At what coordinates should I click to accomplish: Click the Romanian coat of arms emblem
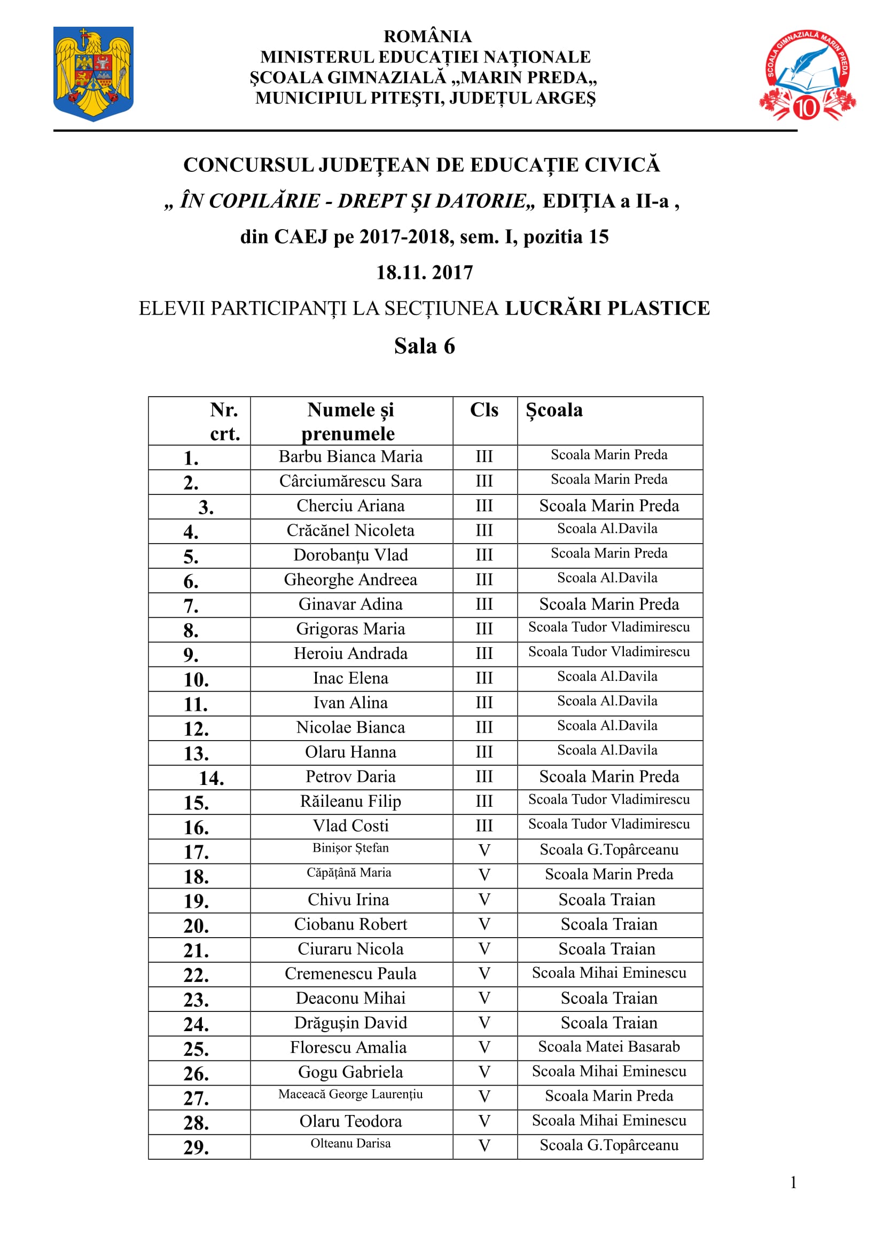click(93, 74)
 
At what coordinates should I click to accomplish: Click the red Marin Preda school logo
click(807, 75)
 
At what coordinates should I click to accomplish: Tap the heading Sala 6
click(424, 346)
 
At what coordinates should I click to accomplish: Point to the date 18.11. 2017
click(424, 272)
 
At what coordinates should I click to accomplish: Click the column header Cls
click(483, 410)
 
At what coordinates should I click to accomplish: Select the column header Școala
click(554, 410)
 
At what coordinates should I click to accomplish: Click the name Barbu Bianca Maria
click(350, 457)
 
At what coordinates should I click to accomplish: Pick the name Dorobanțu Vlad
click(350, 555)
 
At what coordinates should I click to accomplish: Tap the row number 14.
click(211, 778)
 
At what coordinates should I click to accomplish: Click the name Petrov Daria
click(350, 776)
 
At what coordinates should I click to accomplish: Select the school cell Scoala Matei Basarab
click(609, 1046)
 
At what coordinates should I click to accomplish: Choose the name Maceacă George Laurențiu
click(350, 1094)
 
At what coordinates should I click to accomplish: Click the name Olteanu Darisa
click(350, 1143)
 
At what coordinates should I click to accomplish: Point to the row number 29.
click(196, 1147)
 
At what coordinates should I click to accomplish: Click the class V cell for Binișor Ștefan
click(484, 850)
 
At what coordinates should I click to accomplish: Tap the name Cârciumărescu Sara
click(350, 481)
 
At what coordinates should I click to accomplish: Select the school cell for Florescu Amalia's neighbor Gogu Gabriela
click(609, 1071)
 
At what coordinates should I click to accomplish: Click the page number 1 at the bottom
click(793, 1182)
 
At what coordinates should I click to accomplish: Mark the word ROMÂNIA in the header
click(428, 36)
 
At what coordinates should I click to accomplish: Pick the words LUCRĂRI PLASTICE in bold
click(607, 308)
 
